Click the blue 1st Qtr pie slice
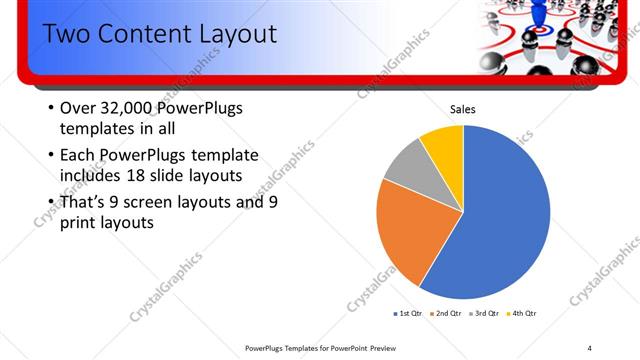click(500, 220)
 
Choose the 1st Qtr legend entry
click(411, 314)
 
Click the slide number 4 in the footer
click(590, 348)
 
